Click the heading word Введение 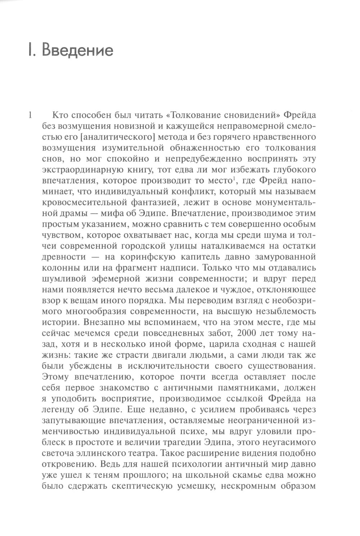pyautogui.click(x=78, y=50)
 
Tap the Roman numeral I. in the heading pyautogui.click(x=31, y=50)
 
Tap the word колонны pyautogui.click(x=63, y=268)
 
